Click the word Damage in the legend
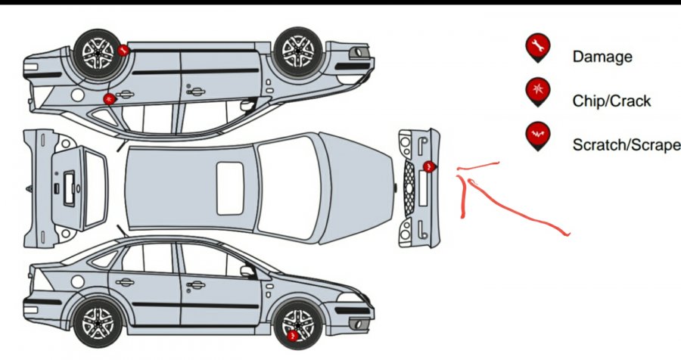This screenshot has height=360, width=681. click(602, 57)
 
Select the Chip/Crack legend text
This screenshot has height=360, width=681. click(611, 101)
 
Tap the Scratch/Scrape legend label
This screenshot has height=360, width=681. click(627, 144)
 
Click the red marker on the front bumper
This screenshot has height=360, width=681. click(429, 166)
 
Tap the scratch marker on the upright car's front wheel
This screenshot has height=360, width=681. click(293, 336)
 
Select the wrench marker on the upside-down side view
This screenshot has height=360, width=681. click(123, 51)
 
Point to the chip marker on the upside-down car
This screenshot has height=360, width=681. click(109, 99)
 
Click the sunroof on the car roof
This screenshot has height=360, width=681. click(230, 188)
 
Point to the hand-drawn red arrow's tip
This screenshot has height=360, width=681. click(457, 169)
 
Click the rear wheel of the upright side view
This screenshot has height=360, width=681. click(98, 323)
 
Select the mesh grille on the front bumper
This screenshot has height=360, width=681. click(409, 189)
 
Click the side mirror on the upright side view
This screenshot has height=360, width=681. click(248, 272)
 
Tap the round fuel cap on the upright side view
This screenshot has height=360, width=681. click(78, 281)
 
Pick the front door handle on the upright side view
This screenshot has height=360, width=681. click(196, 285)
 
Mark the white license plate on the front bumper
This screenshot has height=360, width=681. click(423, 188)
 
